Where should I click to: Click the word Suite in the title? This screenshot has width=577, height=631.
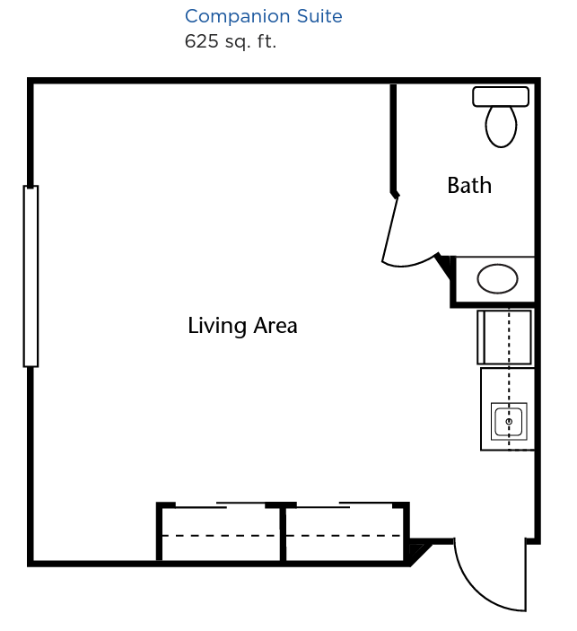tap(319, 16)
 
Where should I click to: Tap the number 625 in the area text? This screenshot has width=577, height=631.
tap(201, 41)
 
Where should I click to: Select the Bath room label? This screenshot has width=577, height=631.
tap(469, 186)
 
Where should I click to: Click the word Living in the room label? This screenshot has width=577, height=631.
tap(217, 326)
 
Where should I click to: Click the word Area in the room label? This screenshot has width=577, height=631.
tap(275, 326)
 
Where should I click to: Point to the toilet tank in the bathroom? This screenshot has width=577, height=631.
tap(501, 97)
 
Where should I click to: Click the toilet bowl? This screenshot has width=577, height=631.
tap(501, 127)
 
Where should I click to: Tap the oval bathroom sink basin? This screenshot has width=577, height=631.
tap(497, 278)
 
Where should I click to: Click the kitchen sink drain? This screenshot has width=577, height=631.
tap(509, 421)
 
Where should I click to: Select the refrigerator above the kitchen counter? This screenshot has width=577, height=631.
tap(504, 337)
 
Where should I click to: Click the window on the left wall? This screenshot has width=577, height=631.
tap(31, 276)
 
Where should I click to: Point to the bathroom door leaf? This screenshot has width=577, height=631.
tap(389, 230)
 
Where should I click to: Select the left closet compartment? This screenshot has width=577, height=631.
tap(221, 533)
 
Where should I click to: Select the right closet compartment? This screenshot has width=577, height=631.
tap(345, 533)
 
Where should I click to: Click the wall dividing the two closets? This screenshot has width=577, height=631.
tap(283, 533)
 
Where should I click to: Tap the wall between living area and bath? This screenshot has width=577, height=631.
tap(393, 140)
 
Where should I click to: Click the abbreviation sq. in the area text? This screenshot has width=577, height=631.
tap(238, 43)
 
